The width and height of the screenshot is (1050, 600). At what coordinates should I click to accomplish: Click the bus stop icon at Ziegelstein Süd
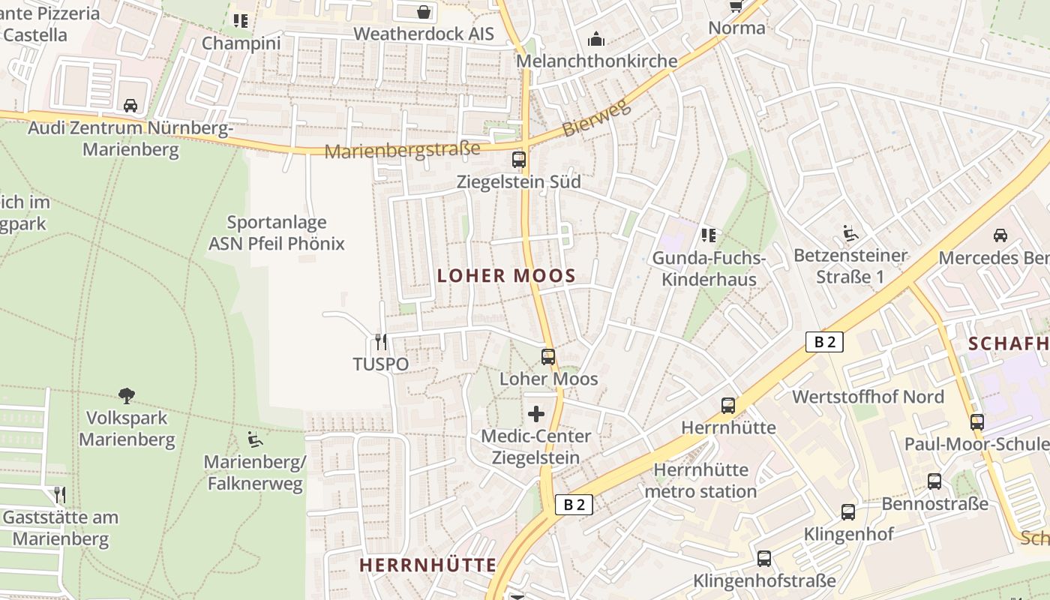[518, 159]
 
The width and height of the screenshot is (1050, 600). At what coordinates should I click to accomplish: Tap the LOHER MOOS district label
[506, 276]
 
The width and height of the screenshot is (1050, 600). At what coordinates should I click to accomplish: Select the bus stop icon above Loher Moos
[548, 357]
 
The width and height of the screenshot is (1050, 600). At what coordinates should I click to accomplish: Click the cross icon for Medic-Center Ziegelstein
[536, 413]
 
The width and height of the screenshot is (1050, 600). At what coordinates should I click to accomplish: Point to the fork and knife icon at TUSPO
[381, 342]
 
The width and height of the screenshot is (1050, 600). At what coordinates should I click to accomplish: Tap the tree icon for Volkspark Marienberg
[127, 395]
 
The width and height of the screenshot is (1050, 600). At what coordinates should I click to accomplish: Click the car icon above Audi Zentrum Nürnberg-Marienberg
[130, 105]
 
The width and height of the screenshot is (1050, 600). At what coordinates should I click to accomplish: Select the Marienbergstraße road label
[402, 150]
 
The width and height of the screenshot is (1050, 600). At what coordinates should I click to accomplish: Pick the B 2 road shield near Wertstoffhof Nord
[824, 342]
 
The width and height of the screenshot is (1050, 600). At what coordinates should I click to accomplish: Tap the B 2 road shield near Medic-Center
[574, 505]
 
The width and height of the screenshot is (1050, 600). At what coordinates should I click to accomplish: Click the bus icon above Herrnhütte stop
[727, 406]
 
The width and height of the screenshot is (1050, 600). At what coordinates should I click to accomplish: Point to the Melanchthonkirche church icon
[596, 39]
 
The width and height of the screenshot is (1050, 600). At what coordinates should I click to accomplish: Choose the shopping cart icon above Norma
[736, 7]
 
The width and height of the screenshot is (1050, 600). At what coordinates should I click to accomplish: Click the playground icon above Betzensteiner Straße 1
[850, 234]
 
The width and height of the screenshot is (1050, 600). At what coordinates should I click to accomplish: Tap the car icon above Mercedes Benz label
[1000, 235]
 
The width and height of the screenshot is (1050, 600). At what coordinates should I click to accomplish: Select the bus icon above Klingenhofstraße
[763, 559]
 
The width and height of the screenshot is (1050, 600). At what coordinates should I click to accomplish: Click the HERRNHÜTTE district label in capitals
[427, 565]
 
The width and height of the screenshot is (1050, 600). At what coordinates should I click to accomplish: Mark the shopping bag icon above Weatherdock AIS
[424, 12]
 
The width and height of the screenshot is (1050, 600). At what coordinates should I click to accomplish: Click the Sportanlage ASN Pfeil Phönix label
[276, 232]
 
